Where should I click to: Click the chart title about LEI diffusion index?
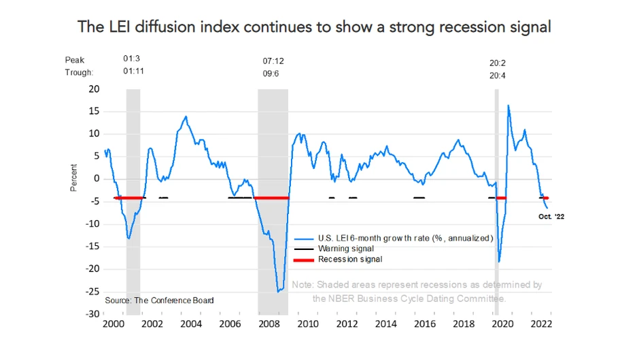pyautogui.click(x=314, y=27)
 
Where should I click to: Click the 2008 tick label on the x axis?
pyautogui.click(x=269, y=324)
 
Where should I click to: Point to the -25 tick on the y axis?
pyautogui.click(x=92, y=292)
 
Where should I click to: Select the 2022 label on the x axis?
pyautogui.click(x=540, y=324)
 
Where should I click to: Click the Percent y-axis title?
pyautogui.click(x=74, y=178)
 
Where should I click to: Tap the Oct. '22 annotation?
pyautogui.click(x=551, y=217)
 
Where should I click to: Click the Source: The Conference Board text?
pyautogui.click(x=159, y=300)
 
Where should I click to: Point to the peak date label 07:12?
pyautogui.click(x=273, y=61)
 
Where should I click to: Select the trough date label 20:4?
pyautogui.click(x=498, y=76)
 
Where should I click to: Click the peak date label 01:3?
pyautogui.click(x=132, y=59)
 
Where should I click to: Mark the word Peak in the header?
pyautogui.click(x=75, y=60)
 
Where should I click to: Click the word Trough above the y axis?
pyautogui.click(x=79, y=72)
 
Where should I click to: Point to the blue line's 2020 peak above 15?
pyautogui.click(x=508, y=106)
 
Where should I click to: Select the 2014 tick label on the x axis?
pyautogui.click(x=387, y=324)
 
